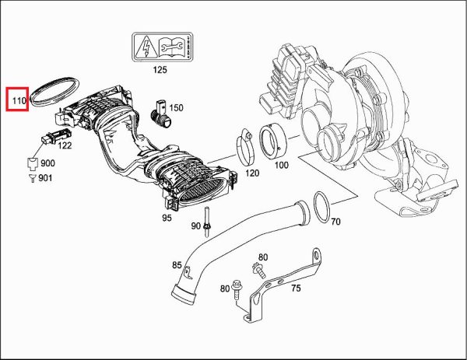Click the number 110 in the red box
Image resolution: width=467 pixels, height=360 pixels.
(17, 100)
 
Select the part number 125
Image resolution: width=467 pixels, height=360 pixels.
(160, 70)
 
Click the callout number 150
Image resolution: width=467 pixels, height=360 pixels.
(177, 107)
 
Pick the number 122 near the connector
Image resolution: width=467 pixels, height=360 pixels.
(65, 145)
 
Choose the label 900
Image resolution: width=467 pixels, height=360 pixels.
(47, 163)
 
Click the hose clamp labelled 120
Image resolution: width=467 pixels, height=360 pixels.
(246, 144)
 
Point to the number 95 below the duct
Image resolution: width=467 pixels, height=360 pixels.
(167, 218)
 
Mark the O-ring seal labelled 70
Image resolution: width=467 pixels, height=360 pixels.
(320, 205)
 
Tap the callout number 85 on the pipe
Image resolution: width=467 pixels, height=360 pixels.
(177, 265)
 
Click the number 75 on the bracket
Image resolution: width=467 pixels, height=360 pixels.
(295, 288)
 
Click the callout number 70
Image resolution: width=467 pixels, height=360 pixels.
(335, 222)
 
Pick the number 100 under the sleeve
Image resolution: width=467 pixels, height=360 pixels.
(281, 165)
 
